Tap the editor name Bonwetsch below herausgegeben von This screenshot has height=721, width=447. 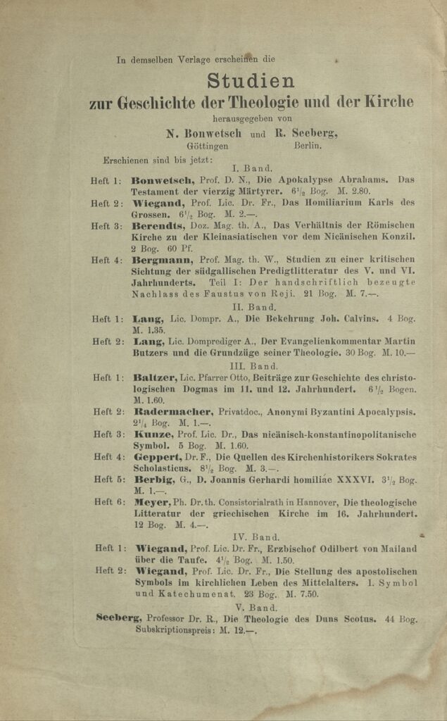click(x=205, y=134)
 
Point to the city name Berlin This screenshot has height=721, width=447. click(x=308, y=146)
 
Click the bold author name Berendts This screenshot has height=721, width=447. click(x=156, y=226)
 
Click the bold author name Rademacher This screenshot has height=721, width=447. click(x=171, y=412)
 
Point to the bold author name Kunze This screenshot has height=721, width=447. click(x=149, y=434)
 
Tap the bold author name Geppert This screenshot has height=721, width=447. click(x=156, y=458)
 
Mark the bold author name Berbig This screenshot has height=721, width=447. click(x=151, y=480)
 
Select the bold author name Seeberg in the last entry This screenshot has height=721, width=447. click(x=119, y=618)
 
